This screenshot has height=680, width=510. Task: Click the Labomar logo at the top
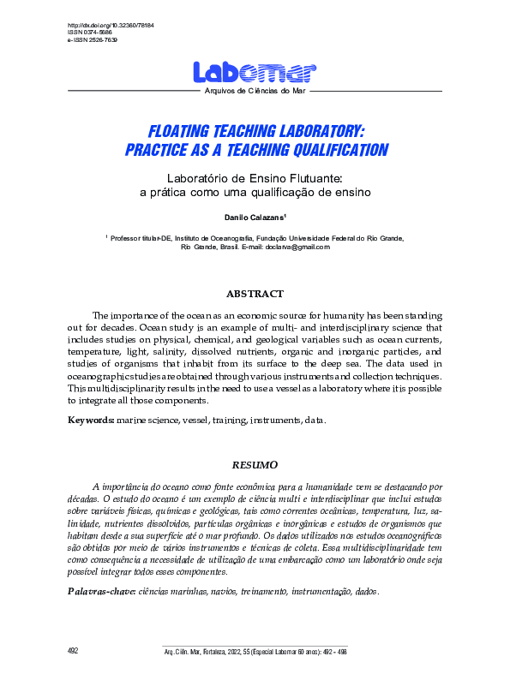[255, 72]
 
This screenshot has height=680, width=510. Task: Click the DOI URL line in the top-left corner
[105, 26]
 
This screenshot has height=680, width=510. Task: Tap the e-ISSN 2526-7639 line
[93, 40]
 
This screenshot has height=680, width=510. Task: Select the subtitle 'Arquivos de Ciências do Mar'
[255, 90]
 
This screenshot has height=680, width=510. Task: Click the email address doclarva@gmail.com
[298, 247]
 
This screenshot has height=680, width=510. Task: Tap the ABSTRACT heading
[255, 294]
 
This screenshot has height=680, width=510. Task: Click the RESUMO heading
[255, 464]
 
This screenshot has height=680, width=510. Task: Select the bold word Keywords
[90, 421]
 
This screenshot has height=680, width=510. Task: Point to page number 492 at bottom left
[73, 652]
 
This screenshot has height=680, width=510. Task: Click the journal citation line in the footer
[255, 652]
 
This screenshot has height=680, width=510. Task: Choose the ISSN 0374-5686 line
[89, 33]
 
